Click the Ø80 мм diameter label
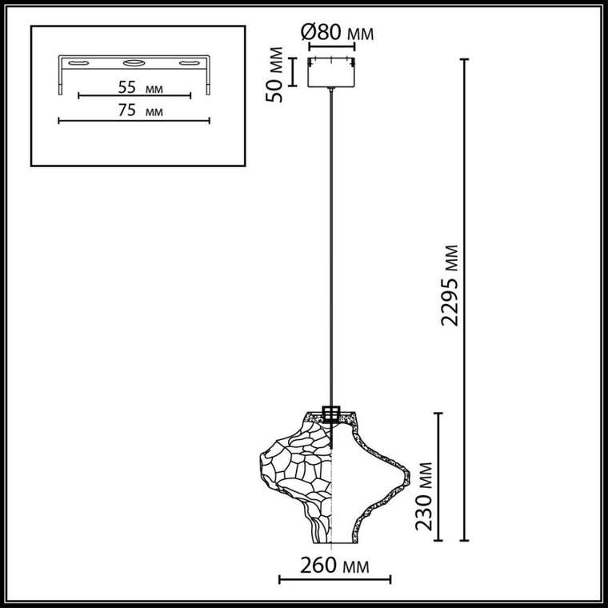pos(337,33)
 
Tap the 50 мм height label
pos(274,74)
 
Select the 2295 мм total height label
pos(450,286)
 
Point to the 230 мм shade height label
pos(423,496)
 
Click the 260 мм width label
pos(334,566)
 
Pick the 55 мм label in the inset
pos(140,88)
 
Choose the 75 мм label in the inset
pos(140,110)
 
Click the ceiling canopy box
pos(331,73)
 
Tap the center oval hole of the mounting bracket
pos(134,63)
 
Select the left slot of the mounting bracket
pos(78,63)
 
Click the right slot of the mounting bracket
pos(190,63)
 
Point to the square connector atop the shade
pos(331,414)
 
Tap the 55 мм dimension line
pos(134,95)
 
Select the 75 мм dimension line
pos(134,121)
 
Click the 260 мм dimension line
pos(334,580)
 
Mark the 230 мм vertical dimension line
pos(438,477)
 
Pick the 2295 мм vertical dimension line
pos(464,300)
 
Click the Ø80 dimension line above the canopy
pos(331,47)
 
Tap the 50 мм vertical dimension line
pos(293,72)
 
